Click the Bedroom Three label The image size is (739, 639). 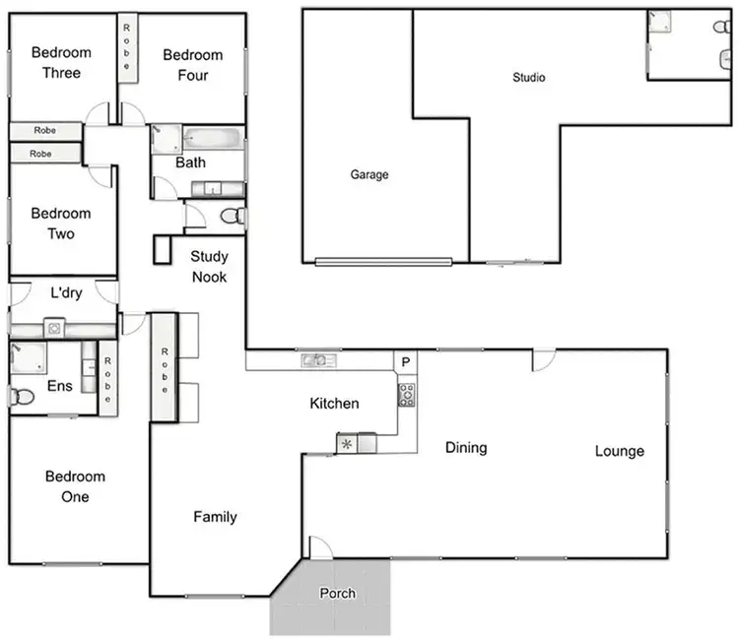click(x=61, y=62)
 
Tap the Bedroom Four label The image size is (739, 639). click(x=193, y=65)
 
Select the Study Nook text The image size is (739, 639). click(x=209, y=267)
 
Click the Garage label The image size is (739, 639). click(x=369, y=175)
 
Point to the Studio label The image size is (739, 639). click(x=529, y=78)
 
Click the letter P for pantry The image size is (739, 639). click(x=406, y=362)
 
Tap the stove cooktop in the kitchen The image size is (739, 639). click(x=406, y=395)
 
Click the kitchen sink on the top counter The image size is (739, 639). click(x=318, y=360)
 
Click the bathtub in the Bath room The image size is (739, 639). click(x=212, y=138)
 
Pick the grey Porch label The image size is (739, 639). click(x=337, y=594)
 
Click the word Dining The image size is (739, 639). click(x=466, y=448)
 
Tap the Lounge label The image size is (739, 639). click(x=620, y=451)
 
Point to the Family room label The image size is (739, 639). click(x=215, y=516)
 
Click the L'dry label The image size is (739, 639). click(x=66, y=292)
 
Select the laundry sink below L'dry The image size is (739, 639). click(x=55, y=328)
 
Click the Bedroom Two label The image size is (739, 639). click(x=60, y=224)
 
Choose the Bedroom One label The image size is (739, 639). click(x=75, y=486)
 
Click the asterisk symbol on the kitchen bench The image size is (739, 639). click(x=347, y=444)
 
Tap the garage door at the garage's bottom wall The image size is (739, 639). click(x=383, y=262)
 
